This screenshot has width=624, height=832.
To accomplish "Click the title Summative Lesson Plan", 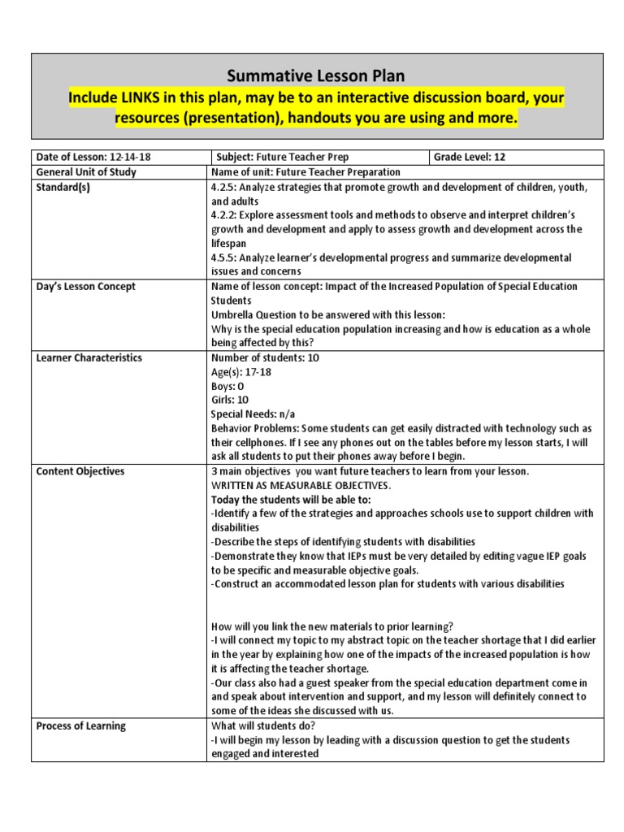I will [x=316, y=76].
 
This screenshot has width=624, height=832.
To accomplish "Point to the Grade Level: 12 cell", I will [x=469, y=157].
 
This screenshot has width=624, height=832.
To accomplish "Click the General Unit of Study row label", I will [x=86, y=171].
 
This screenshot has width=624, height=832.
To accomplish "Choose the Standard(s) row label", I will [x=64, y=186].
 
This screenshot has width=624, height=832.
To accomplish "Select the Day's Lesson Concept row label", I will [x=85, y=286].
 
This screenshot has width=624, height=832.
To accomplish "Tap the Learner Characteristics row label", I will [x=89, y=357].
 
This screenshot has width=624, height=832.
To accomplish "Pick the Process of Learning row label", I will [x=81, y=726].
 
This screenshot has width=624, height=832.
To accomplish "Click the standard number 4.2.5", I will [x=223, y=186].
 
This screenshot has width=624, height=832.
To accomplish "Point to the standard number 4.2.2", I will [x=223, y=214].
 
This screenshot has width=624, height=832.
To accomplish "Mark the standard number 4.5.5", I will [x=223, y=258].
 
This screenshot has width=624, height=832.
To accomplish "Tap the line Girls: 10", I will [x=230, y=400].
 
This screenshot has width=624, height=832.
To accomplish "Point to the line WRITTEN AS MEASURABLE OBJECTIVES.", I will [x=301, y=485].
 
